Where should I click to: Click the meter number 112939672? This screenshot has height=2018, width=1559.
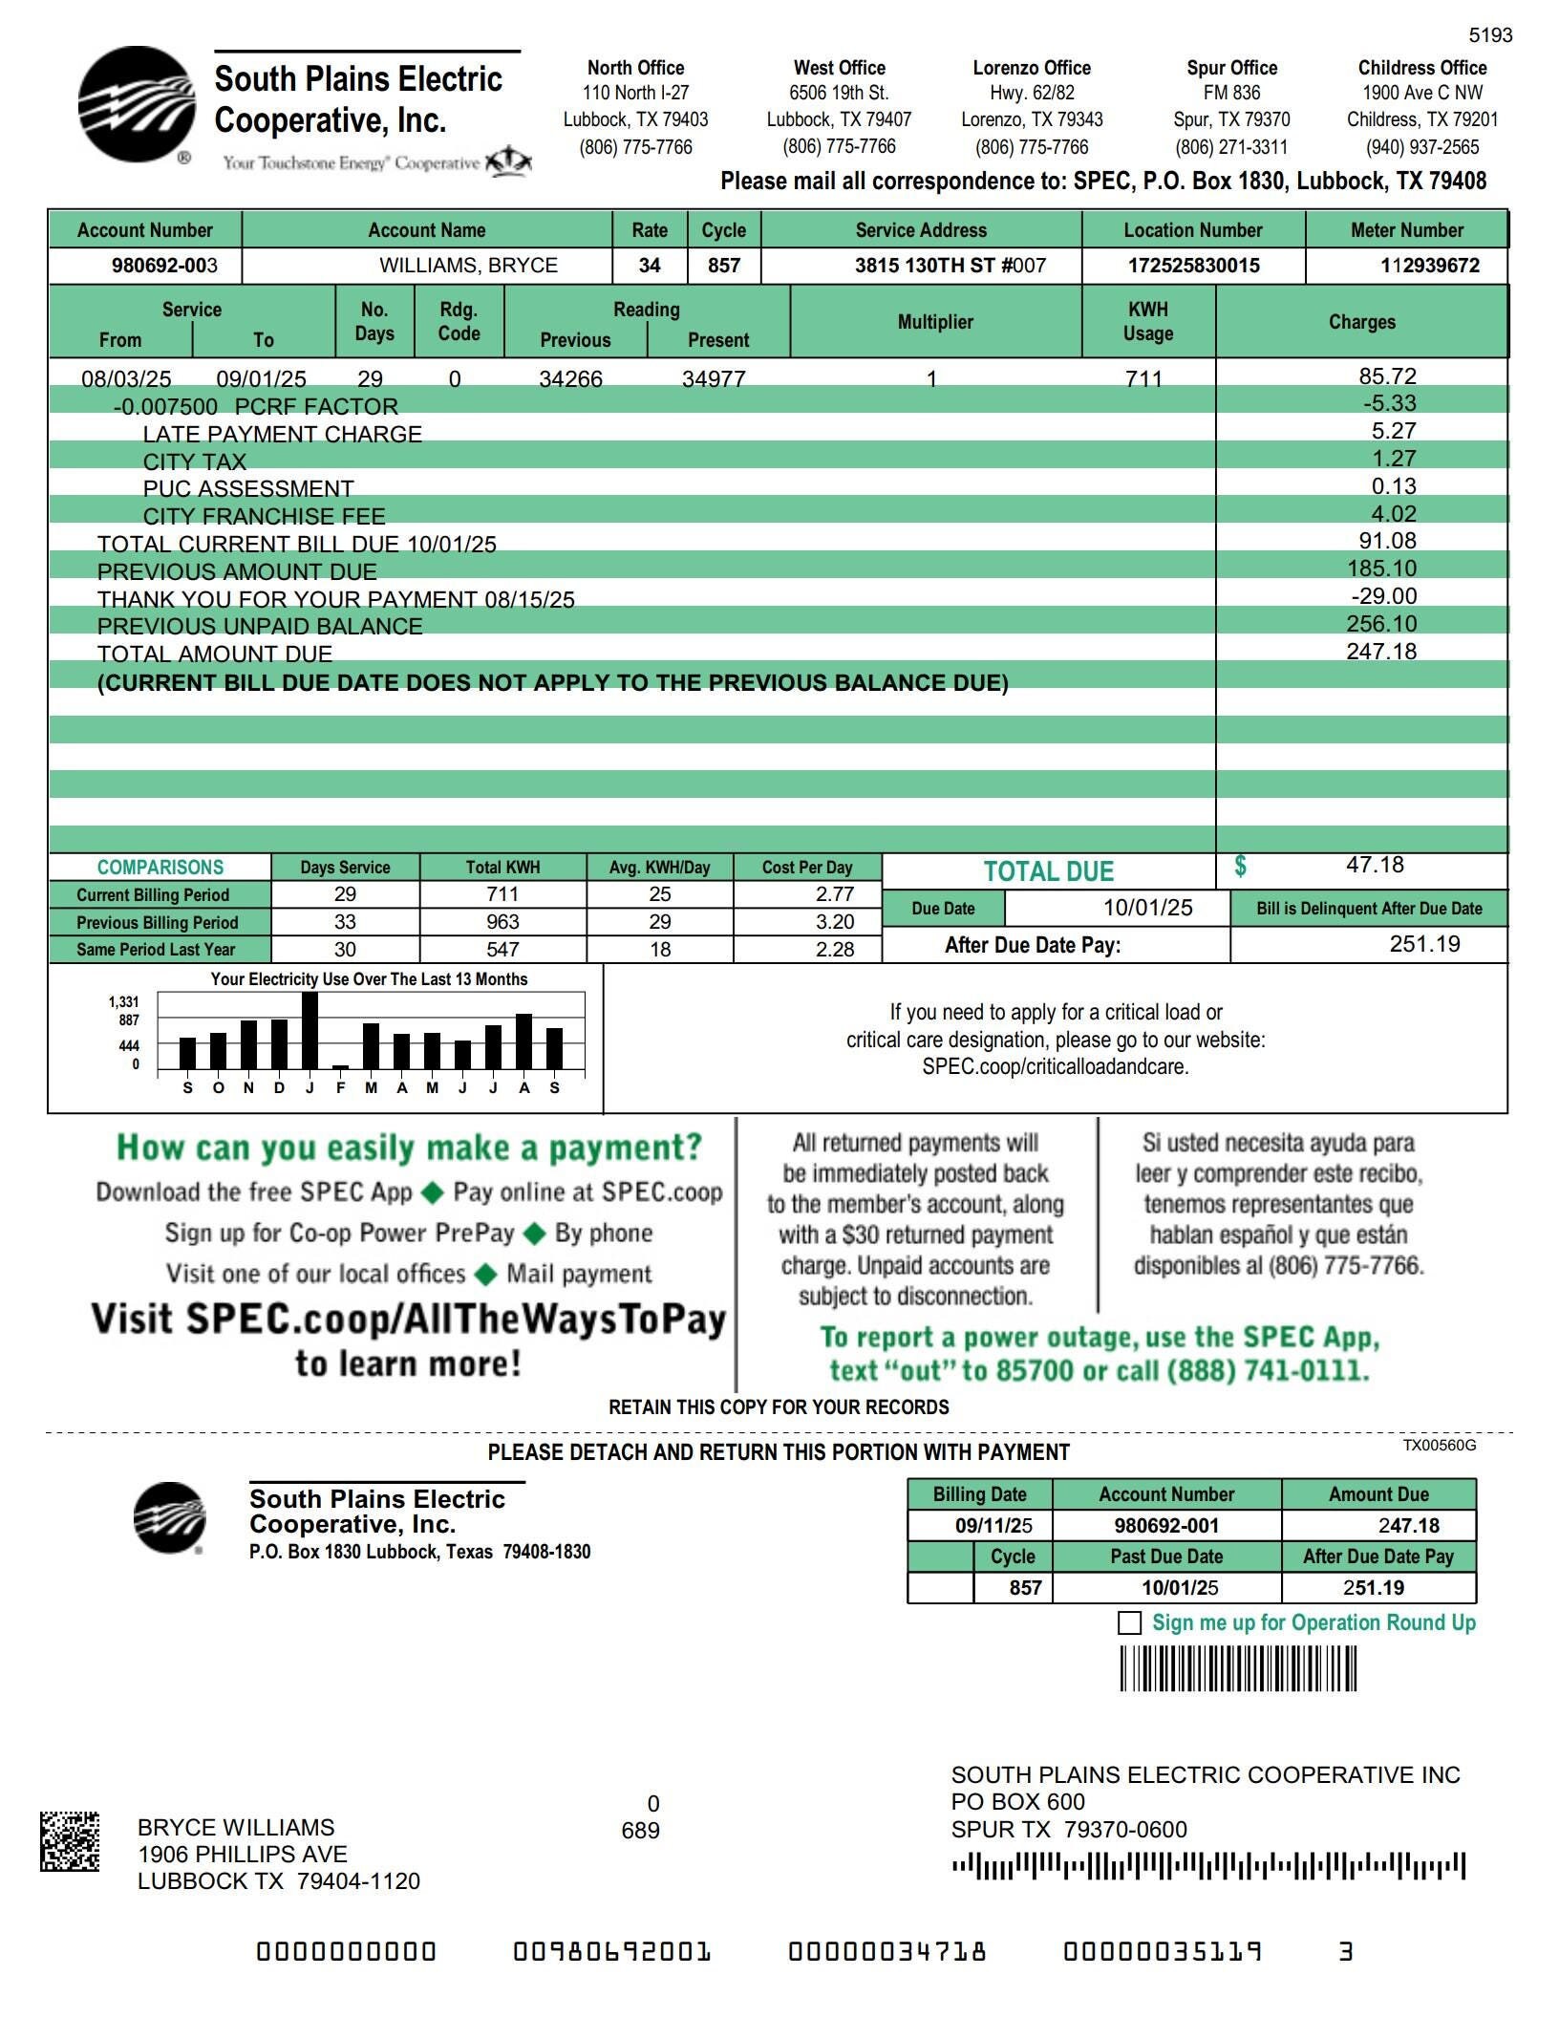1429,266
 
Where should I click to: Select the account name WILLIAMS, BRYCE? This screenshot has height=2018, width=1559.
468,266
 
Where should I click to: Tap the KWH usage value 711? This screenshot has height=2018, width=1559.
1143,378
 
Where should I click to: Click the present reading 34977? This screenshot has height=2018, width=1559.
714,378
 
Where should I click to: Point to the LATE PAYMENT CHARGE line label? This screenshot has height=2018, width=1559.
282,434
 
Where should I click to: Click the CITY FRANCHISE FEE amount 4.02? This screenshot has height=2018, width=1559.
1394,514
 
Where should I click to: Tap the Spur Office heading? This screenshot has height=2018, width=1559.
1231,68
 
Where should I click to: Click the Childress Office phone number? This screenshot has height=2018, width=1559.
1421,147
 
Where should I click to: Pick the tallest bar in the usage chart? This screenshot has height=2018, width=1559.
310,1030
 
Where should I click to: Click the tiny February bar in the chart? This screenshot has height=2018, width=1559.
340,1066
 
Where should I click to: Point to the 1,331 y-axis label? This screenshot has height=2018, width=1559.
124,1001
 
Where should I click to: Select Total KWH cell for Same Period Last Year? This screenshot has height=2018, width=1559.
502,949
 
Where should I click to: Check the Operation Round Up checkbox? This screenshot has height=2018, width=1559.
1129,1623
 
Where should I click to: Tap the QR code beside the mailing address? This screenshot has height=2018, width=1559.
69,1841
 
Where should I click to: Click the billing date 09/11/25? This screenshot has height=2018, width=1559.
993,1525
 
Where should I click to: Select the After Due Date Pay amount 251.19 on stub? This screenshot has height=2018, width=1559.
1373,1588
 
